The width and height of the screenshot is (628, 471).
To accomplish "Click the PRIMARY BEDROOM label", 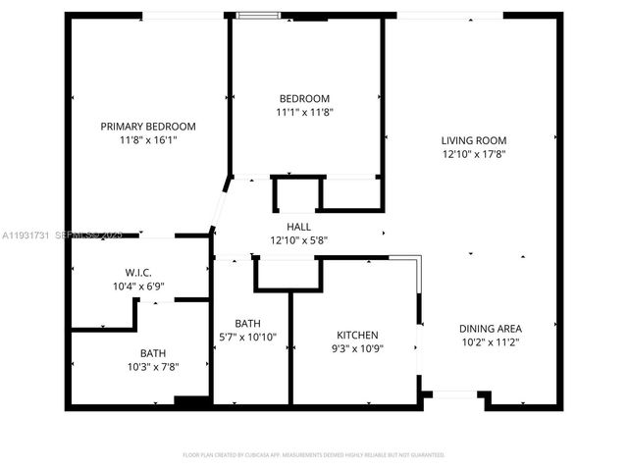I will (149, 127).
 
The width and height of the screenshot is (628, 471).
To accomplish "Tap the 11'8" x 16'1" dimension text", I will (149, 140).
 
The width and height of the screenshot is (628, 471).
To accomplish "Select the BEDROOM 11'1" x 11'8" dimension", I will (304, 113).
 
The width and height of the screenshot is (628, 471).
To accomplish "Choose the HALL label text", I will (299, 227).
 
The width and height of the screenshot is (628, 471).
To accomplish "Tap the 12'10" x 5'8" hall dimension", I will (299, 240).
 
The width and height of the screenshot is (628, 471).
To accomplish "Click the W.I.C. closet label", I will (138, 271).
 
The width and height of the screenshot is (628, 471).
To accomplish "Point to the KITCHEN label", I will (357, 334).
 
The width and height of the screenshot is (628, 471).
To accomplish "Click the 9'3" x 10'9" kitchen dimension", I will (357, 347).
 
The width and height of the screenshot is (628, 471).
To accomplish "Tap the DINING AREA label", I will (491, 329).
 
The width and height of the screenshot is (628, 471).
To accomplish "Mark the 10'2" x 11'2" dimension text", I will (491, 342).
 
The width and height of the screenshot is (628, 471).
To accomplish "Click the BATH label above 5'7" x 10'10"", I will (247, 323).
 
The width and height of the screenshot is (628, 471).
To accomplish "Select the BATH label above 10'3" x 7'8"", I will (153, 353).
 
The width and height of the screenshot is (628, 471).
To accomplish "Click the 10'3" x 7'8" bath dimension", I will (153, 367).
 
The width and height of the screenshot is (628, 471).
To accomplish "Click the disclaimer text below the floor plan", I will (314, 455).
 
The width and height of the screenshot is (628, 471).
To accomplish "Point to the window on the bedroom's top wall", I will (257, 15).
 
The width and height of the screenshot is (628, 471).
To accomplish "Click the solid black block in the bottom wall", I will (191, 400).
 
